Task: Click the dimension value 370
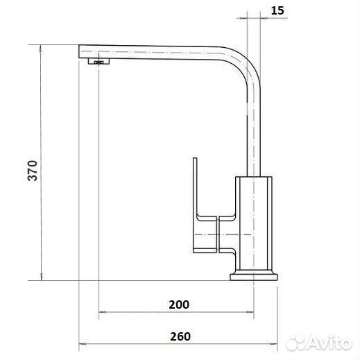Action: pyautogui.click(x=33, y=171)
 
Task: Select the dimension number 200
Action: pyautogui.click(x=179, y=305)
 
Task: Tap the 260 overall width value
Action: pyautogui.click(x=180, y=336)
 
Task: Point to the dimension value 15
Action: pyautogui.click(x=277, y=10)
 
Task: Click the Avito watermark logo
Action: pyautogui.click(x=319, y=342)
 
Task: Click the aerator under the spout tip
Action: pyautogui.click(x=98, y=61)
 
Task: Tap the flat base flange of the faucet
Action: pyautogui.click(x=254, y=277)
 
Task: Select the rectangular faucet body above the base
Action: pyautogui.click(x=254, y=223)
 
